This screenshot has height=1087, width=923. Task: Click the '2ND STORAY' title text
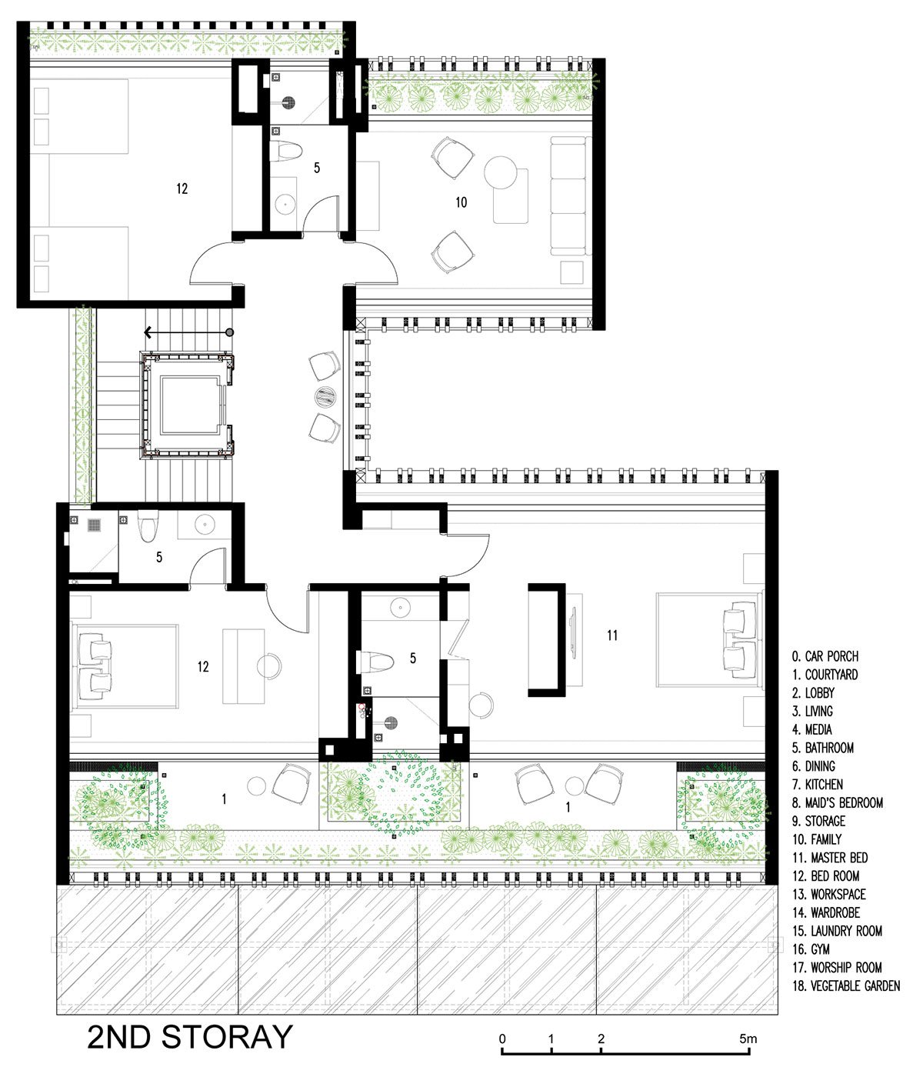click(x=189, y=1037)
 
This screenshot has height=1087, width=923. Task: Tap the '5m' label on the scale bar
click(x=748, y=1039)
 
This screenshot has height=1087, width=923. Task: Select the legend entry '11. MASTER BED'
click(x=830, y=858)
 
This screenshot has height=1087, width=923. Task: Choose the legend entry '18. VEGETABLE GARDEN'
click(x=846, y=985)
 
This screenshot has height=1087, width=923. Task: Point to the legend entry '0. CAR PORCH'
click(x=825, y=656)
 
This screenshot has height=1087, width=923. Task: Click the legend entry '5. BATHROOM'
click(x=823, y=748)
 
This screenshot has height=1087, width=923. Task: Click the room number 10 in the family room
click(x=461, y=202)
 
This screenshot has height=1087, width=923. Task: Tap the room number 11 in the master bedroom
click(x=611, y=635)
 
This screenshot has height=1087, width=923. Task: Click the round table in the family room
click(x=500, y=172)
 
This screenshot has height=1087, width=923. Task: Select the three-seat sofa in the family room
click(x=568, y=196)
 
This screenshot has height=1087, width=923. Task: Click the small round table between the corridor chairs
click(x=325, y=396)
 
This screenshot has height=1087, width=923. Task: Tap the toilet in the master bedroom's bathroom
click(x=375, y=662)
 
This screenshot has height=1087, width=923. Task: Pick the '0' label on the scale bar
click(x=502, y=1039)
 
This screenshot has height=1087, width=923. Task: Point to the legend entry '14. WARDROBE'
click(x=826, y=912)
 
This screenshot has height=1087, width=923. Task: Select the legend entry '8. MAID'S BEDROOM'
click(x=838, y=802)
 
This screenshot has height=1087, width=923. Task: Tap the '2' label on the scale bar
click(x=601, y=1039)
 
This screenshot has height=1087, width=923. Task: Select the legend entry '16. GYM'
click(x=811, y=949)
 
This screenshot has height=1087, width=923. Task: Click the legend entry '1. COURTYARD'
click(x=825, y=675)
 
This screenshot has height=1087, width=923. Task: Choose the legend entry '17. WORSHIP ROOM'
click(x=838, y=968)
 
